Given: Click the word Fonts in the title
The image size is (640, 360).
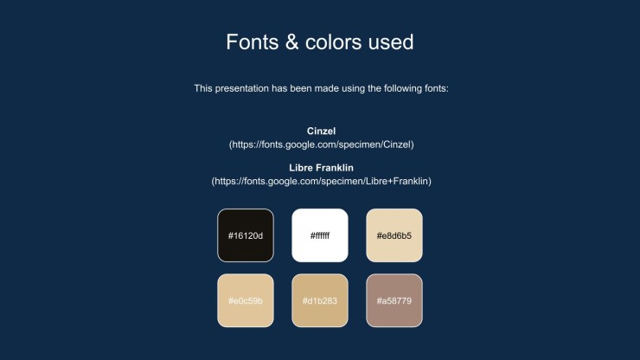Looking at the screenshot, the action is [x=253, y=42].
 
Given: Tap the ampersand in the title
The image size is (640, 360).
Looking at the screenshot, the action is [x=291, y=42].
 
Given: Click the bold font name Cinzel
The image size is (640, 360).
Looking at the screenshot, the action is [x=321, y=132].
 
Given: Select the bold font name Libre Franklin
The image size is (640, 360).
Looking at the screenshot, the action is [x=321, y=168].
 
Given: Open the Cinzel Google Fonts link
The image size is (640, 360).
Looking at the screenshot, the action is [x=321, y=145].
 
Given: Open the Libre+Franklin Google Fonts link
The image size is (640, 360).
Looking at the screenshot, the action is [x=321, y=181].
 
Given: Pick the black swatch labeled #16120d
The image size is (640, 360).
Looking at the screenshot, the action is [x=246, y=235].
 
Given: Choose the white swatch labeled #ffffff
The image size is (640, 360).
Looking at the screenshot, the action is [x=320, y=235].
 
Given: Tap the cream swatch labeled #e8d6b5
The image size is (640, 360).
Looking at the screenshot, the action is [x=394, y=235].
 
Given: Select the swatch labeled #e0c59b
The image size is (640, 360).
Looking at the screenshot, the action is [x=246, y=300].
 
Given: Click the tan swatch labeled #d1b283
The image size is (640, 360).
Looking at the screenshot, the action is [x=320, y=300].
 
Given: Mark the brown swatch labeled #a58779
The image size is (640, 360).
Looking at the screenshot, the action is [x=394, y=300].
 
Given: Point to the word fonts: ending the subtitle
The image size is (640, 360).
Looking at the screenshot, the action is [x=437, y=88].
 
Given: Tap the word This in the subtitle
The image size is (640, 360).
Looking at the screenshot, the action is [x=203, y=88].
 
